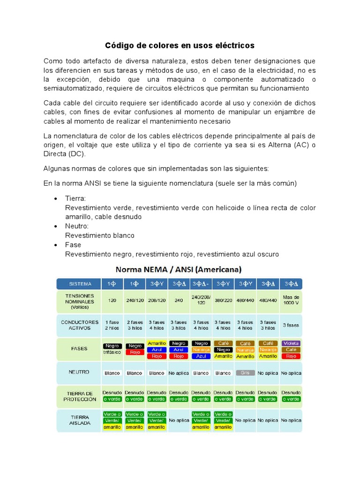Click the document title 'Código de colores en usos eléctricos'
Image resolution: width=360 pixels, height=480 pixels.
[x=180, y=45]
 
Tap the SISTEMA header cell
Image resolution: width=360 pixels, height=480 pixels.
[x=79, y=284]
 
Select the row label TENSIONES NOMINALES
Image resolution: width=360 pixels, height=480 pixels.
[x=79, y=302]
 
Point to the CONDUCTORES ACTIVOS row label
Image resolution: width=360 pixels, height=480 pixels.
[x=79, y=325]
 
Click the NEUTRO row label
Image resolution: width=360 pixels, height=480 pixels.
[x=79, y=373]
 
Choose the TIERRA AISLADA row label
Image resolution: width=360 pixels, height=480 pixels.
[x=79, y=420]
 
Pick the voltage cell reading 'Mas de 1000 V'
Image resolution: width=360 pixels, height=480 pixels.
[x=291, y=299]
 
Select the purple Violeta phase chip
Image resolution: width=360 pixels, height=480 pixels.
[x=291, y=343]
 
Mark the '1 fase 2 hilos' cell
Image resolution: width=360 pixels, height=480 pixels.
[x=112, y=325]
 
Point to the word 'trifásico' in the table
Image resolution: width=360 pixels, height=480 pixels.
[x=112, y=352]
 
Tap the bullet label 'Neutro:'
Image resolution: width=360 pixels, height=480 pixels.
[x=76, y=226]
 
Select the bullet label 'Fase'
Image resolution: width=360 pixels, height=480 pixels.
[x=73, y=245]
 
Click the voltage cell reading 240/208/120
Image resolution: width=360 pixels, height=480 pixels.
[x=201, y=300]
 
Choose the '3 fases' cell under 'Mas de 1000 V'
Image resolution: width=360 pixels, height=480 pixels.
[x=291, y=325]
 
